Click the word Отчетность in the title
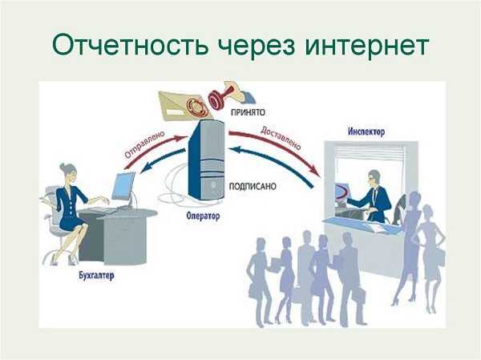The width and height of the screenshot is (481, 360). click(131, 46)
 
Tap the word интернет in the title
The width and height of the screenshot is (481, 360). click(367, 46)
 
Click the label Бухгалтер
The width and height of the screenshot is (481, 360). click(96, 275)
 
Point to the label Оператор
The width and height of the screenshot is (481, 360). click(203, 216)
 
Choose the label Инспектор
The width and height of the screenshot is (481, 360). click(366, 132)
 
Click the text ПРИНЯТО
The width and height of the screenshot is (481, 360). click(248, 112)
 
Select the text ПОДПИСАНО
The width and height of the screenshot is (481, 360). click(253, 187)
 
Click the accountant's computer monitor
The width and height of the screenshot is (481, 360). click(123, 186)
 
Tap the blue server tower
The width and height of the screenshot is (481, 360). click(207, 160)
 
